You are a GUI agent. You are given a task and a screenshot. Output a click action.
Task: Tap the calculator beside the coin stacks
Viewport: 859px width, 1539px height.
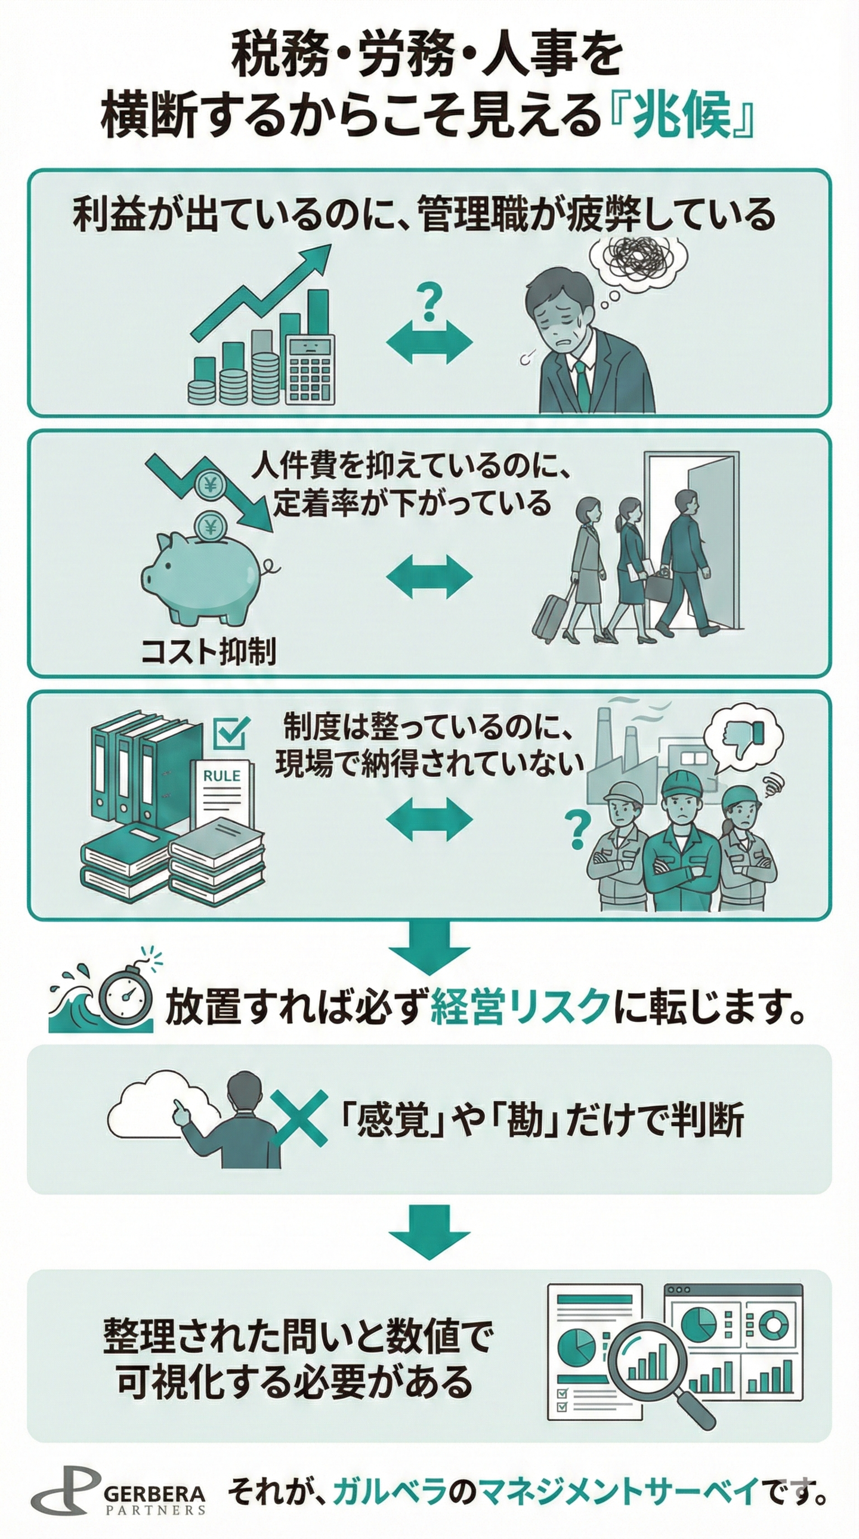310,369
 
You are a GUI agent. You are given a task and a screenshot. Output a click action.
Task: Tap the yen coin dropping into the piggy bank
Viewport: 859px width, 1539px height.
210,526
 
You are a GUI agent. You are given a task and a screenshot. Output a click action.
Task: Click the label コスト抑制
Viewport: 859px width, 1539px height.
208,651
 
